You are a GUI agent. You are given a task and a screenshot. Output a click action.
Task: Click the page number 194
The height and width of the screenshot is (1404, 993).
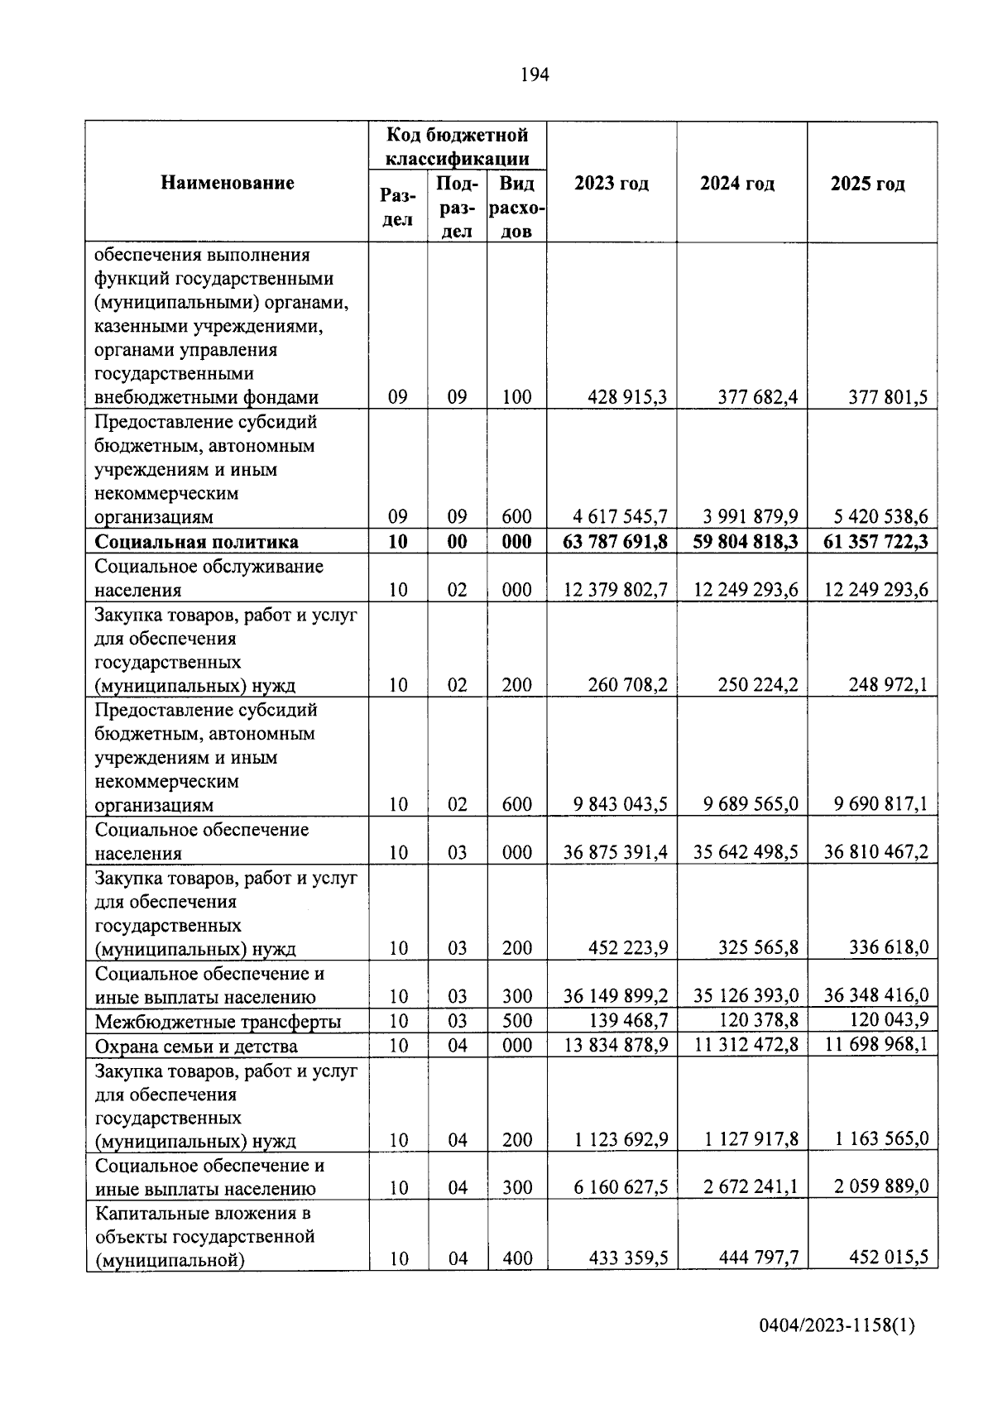534,75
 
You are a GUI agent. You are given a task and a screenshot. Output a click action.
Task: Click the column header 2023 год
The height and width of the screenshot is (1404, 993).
612,184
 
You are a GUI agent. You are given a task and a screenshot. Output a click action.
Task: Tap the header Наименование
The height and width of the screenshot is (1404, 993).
228,183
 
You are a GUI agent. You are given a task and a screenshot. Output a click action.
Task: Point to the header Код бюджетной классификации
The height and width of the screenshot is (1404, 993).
458,146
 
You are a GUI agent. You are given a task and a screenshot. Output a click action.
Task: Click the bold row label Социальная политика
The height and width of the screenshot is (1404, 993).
197,542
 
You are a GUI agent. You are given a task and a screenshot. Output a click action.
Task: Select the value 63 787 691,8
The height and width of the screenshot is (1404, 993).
615,542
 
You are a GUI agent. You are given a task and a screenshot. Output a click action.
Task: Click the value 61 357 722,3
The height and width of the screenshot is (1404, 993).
876,542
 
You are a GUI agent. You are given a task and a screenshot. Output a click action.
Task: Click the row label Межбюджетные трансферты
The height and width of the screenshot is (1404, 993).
218,1022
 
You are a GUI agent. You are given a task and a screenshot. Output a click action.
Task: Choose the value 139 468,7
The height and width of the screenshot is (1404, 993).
627,1020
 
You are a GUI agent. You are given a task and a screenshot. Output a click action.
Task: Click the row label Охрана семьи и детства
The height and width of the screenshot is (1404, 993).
196,1047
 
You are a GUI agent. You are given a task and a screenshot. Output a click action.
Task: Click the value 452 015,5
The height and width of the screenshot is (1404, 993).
889,1258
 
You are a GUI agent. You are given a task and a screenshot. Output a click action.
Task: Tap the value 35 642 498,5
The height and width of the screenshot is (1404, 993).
746,852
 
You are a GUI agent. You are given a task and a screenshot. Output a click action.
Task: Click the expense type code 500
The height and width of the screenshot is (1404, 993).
517,1021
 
